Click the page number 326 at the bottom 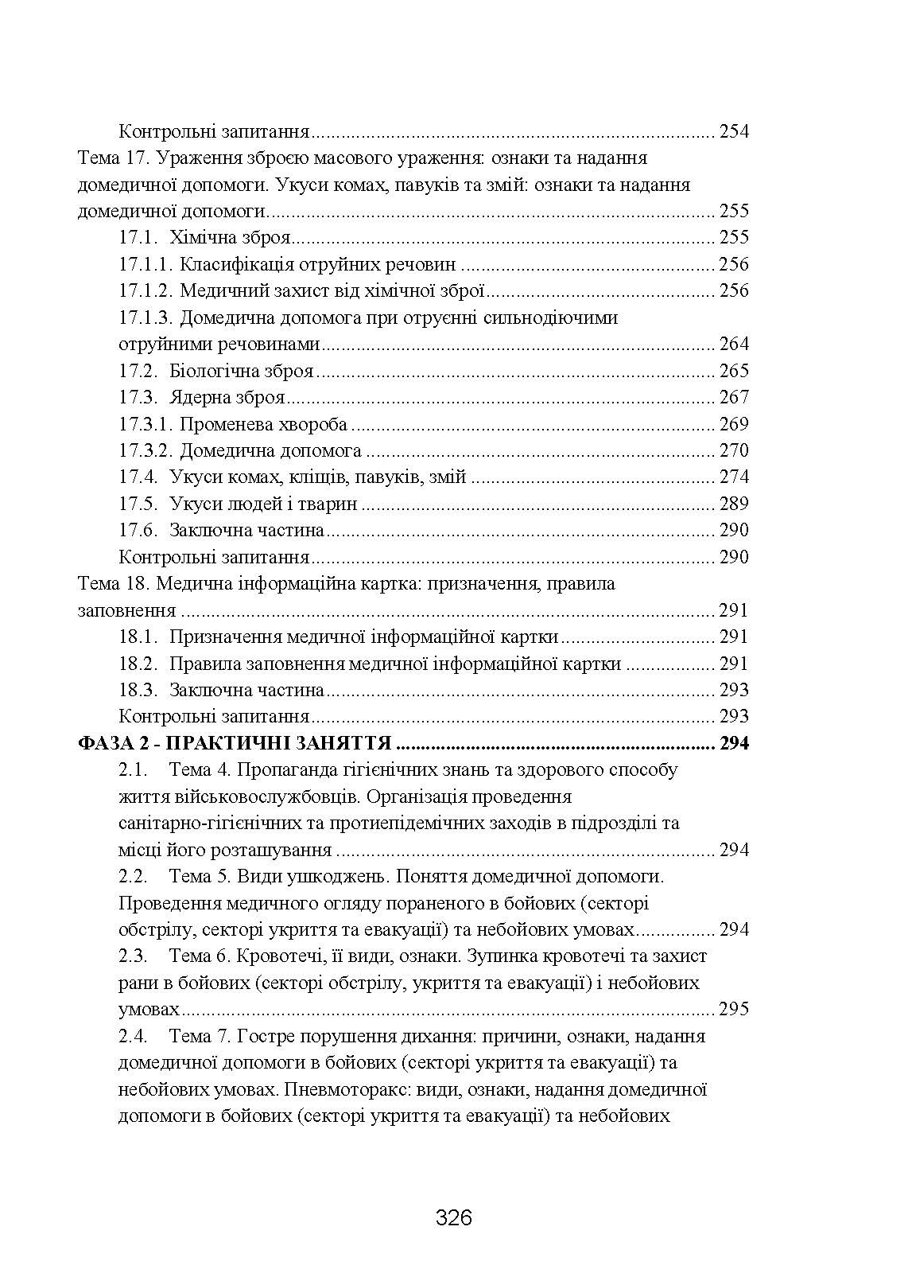(x=454, y=1217)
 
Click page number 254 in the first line (x=733, y=131)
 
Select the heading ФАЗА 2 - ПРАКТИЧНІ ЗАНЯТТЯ (x=235, y=744)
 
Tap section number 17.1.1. (x=146, y=264)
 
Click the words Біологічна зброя (x=242, y=371)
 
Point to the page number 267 (x=733, y=397)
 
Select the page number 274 (x=733, y=477)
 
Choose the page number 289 (x=733, y=504)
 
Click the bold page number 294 (x=733, y=744)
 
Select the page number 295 (x=733, y=1010)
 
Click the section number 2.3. (x=134, y=956)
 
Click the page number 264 (x=733, y=345)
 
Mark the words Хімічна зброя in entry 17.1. (x=230, y=237)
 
